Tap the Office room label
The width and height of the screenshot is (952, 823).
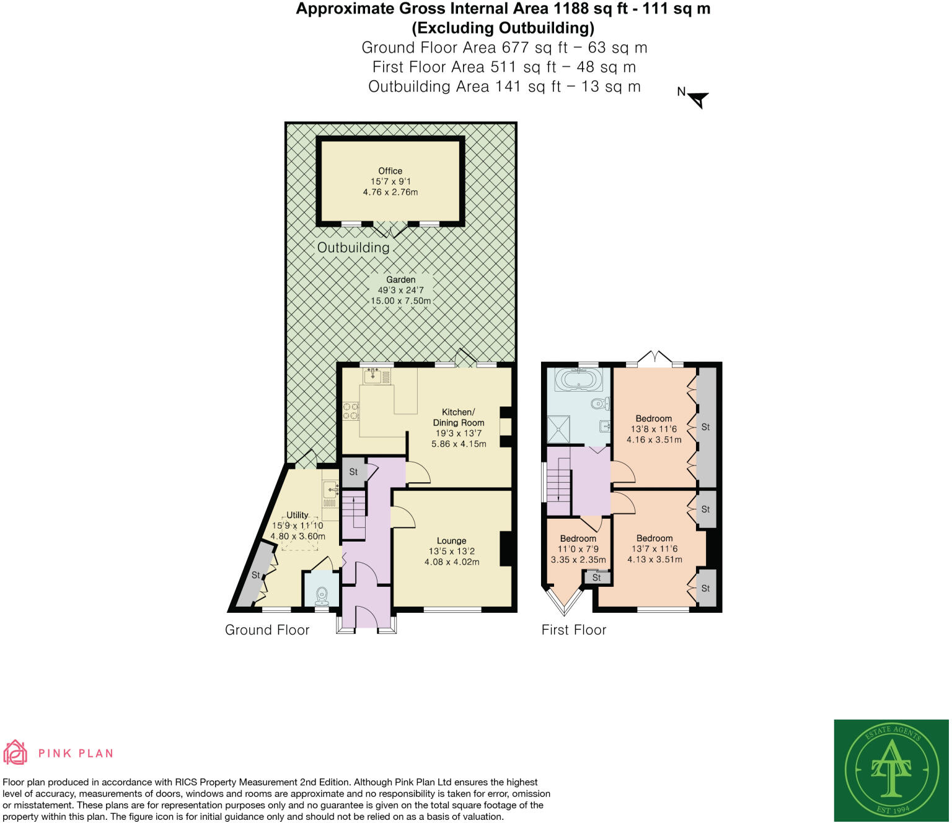(390, 171)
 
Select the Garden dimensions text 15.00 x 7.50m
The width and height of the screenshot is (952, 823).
(400, 301)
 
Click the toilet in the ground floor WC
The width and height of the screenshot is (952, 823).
(321, 596)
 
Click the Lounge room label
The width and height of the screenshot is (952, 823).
(451, 540)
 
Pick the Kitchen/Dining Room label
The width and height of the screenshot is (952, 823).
(459, 417)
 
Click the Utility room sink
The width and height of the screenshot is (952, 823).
(330, 490)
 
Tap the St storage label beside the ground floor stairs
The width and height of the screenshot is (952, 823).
(353, 472)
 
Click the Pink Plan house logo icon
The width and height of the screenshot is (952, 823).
(15, 752)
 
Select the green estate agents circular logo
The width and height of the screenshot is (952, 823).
(891, 770)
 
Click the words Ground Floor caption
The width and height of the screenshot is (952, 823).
(267, 630)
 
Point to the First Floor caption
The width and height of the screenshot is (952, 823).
(573, 630)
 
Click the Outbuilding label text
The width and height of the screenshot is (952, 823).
(353, 247)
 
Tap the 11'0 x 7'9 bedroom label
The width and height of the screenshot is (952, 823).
(578, 549)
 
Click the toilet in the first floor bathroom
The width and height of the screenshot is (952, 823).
(599, 404)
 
